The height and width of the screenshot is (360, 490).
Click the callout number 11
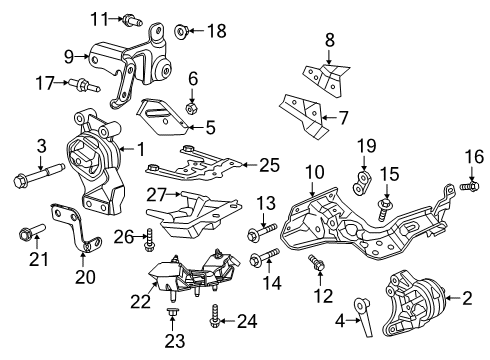point(97,18)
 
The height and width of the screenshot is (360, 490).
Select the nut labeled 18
point(182,32)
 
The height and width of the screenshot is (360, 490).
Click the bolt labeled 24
point(215,321)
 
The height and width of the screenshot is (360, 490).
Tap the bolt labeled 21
point(25,236)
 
